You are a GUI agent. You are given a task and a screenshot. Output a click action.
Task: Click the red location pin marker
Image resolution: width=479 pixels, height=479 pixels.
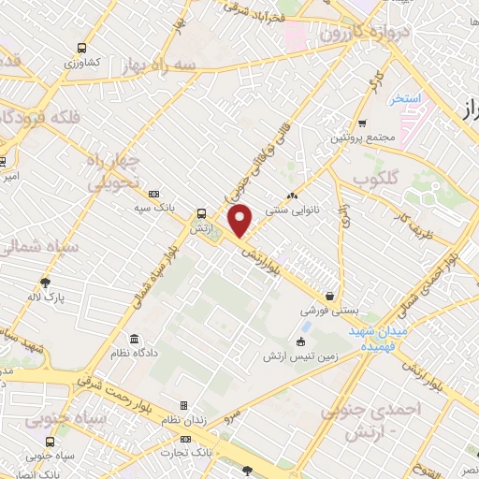coord(241,220)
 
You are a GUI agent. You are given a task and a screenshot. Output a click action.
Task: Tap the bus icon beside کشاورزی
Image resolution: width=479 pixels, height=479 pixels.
coord(84,48)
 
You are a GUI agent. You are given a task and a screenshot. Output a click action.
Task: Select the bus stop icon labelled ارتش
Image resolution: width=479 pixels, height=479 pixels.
coord(201,213)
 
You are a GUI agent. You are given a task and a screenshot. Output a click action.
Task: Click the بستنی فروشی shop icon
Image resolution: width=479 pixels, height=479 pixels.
coord(327,294)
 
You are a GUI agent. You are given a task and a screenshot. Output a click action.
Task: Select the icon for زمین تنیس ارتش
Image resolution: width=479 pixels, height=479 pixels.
coord(299,341)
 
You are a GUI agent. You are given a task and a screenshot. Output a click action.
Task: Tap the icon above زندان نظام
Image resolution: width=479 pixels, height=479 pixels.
coord(183,405)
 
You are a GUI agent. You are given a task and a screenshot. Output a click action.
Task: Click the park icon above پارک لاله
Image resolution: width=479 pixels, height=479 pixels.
coord(44,281)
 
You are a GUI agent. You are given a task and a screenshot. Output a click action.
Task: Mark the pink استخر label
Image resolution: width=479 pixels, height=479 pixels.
coord(407,97)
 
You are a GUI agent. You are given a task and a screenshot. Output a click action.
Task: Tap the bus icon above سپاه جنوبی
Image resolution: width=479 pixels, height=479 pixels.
coord(49,442)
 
